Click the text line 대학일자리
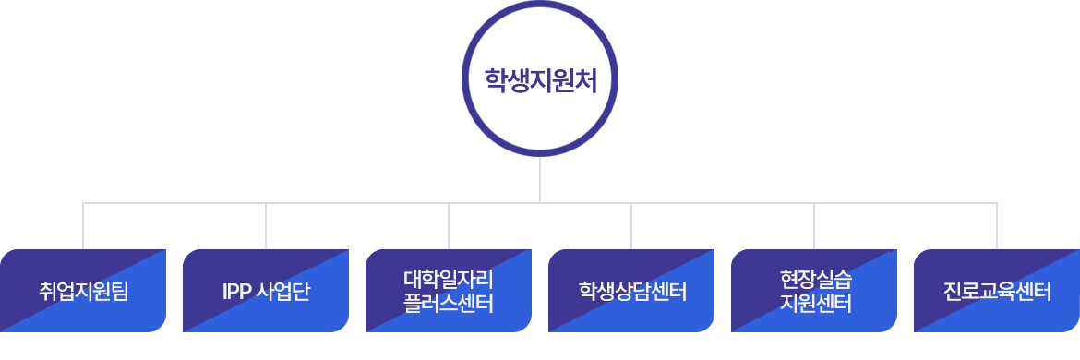pyautogui.click(x=449, y=279)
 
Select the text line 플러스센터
pyautogui.click(x=449, y=303)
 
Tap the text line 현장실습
pyautogui.click(x=814, y=279)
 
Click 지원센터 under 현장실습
pyautogui.click(x=814, y=303)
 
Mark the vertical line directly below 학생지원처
pyautogui.click(x=540, y=179)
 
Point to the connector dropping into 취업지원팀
pyautogui.click(x=83, y=226)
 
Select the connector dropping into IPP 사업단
pyautogui.click(x=266, y=226)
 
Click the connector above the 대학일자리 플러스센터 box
pyautogui.click(x=449, y=226)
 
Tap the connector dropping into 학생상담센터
pyautogui.click(x=631, y=226)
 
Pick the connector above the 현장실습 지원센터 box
pyautogui.click(x=814, y=226)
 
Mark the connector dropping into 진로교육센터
pyautogui.click(x=997, y=226)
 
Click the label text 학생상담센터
pyautogui.click(x=631, y=293)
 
